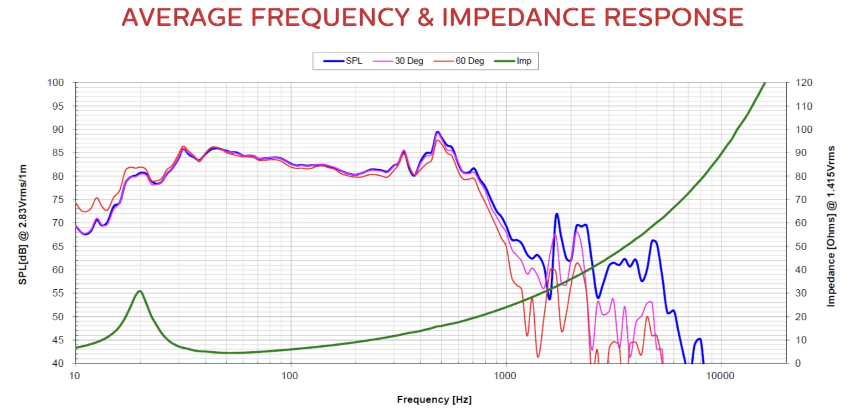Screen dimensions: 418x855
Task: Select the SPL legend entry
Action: [353, 61]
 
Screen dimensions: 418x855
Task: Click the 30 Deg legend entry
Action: [409, 61]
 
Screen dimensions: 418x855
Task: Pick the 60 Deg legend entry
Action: [469, 61]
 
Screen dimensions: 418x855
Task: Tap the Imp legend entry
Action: [523, 61]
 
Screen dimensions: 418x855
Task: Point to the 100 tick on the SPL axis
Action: [56, 83]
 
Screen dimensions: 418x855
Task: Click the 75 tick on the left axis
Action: [58, 200]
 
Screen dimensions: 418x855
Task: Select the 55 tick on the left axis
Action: [58, 293]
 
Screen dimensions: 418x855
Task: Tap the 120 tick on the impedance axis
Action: [804, 83]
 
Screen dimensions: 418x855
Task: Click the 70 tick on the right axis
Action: [801, 200]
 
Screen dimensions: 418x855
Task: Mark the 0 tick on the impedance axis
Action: [798, 363]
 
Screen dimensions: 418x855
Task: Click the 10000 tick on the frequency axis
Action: [720, 376]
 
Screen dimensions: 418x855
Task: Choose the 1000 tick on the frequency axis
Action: [505, 376]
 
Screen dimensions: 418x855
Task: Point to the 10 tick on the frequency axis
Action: [74, 376]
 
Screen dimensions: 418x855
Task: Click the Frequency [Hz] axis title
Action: [434, 399]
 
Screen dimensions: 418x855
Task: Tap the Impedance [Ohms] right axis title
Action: [831, 226]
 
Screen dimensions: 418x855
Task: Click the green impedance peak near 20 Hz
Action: [140, 291]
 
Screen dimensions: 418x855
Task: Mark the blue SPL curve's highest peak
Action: [437, 132]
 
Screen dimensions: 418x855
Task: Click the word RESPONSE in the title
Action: [673, 17]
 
